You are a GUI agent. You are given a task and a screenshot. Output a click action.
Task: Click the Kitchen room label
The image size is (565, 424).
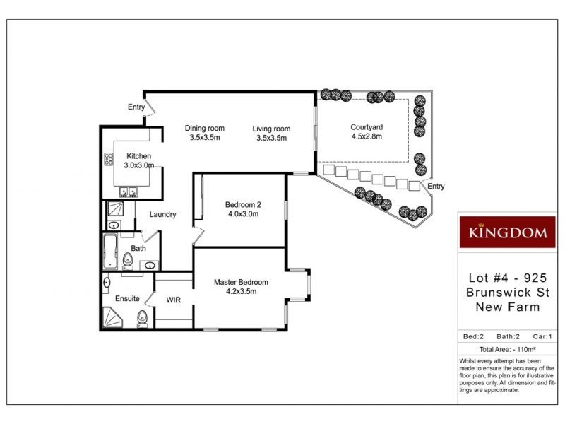click(x=138, y=156)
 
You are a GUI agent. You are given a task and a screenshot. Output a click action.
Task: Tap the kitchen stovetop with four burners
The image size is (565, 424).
click(x=110, y=160)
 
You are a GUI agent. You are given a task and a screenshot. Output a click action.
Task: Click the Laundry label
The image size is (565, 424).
click(x=162, y=215)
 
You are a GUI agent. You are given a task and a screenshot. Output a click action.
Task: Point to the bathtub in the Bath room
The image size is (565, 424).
click(x=109, y=252)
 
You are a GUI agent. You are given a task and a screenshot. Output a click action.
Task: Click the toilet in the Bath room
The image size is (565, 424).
click(x=127, y=259)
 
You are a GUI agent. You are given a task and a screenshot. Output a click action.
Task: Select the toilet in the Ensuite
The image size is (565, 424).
click(x=142, y=317)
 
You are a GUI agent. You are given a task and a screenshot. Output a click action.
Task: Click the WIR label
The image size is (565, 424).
click(x=174, y=300)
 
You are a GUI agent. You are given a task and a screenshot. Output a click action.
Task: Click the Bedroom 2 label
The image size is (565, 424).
click(x=242, y=205)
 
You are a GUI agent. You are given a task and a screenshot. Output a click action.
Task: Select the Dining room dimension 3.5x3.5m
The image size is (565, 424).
click(x=204, y=138)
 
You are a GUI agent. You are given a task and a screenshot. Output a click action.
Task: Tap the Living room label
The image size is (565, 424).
click(x=271, y=129)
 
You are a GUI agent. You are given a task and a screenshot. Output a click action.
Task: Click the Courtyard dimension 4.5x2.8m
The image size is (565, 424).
click(x=366, y=137)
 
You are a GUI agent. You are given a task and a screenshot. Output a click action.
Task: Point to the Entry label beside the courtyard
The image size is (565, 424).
click(x=436, y=186)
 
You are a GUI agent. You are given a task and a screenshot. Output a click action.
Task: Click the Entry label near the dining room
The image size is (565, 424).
click(x=136, y=107)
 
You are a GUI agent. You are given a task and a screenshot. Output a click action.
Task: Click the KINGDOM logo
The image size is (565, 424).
click(x=507, y=232)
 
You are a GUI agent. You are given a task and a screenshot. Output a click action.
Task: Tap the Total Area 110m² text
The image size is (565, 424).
click(x=506, y=349)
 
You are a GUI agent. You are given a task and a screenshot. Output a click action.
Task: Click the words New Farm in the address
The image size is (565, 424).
click(x=507, y=307)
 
